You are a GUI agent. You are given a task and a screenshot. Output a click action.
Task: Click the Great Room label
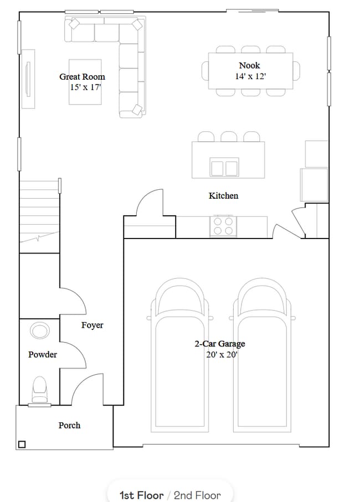(82, 77)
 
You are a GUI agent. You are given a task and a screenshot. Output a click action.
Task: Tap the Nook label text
(249, 65)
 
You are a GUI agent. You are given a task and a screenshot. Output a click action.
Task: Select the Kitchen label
(223, 195)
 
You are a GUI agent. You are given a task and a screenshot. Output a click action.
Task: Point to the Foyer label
(92, 325)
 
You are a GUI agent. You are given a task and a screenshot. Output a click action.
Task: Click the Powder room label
(43, 354)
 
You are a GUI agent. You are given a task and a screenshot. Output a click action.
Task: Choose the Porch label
(69, 425)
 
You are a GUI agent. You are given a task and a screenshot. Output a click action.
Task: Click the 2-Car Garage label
(219, 344)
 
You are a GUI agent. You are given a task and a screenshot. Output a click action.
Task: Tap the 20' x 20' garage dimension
(221, 355)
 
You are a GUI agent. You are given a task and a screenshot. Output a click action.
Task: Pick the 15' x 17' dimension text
(85, 87)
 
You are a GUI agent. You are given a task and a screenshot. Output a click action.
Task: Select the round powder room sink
(39, 331)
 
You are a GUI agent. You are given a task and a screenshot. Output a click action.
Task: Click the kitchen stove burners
(223, 225)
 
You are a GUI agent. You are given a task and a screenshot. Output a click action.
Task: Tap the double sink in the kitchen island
(223, 167)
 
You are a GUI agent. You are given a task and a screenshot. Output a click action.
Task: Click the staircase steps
(39, 210)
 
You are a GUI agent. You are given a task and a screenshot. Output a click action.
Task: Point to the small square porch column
(22, 444)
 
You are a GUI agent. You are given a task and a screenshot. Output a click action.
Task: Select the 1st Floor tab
(141, 495)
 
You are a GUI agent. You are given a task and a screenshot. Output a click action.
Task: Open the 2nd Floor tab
(197, 495)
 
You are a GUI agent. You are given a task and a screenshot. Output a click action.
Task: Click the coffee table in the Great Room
(85, 81)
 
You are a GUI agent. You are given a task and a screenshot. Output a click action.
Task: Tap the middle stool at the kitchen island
(228, 136)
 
